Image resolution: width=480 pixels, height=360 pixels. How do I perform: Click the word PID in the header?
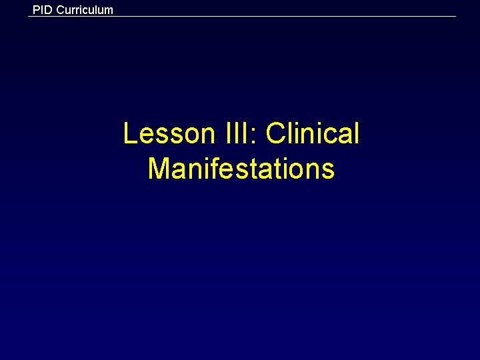[43, 10]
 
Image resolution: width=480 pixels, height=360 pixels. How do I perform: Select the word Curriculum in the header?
[85, 10]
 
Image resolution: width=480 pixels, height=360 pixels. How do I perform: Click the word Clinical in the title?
[312, 133]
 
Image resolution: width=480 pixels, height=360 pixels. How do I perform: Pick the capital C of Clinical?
[275, 133]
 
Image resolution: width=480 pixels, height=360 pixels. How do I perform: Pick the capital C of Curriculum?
[61, 10]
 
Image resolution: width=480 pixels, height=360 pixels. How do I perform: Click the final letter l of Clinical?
[356, 133]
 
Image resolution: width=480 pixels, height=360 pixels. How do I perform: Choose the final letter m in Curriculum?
[109, 11]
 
